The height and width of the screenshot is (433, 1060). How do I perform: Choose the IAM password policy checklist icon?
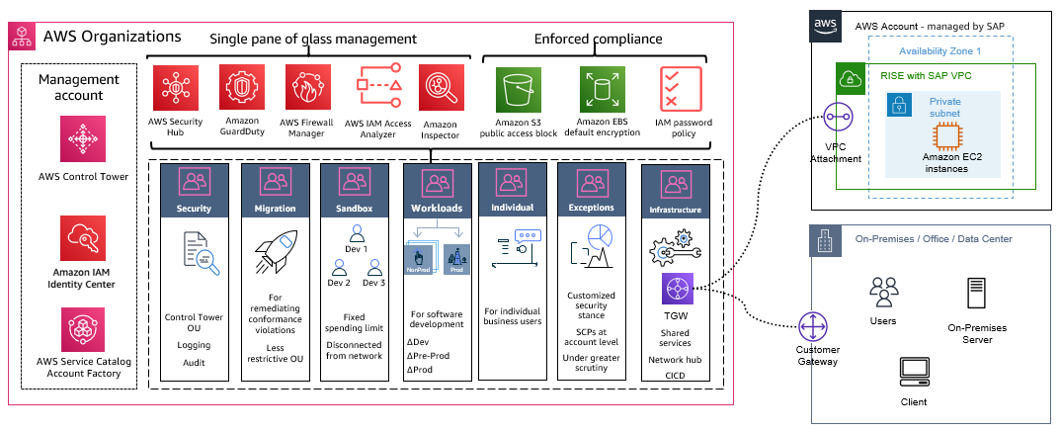coord(680,90)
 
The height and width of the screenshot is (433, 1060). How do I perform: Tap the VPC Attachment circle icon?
coord(837,119)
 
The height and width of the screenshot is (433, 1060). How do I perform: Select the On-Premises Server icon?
coord(976,294)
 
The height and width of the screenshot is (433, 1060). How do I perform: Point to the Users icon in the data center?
coord(882,291)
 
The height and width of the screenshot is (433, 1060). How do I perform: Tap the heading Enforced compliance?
coord(599,39)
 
